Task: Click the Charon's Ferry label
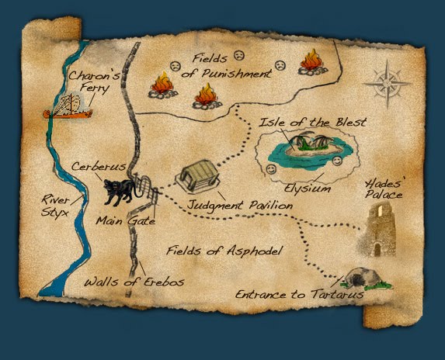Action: tap(93, 83)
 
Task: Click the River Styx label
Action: tap(53, 209)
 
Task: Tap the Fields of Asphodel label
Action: tap(224, 251)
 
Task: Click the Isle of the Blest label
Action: tap(315, 123)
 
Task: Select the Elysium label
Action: tap(308, 188)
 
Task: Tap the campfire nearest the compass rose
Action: tap(311, 61)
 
